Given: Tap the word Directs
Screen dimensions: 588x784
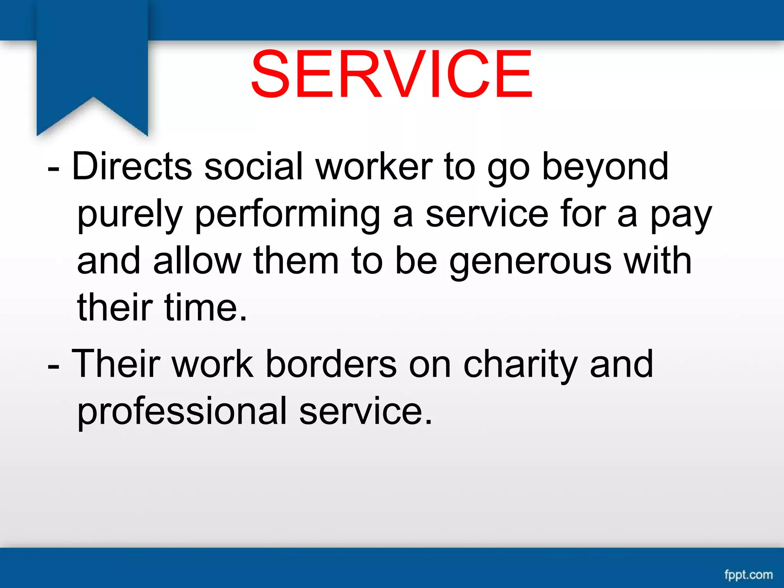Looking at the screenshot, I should point(132,167).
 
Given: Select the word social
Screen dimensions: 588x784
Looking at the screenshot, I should point(254,167).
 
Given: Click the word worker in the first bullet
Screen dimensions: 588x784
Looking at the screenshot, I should point(374,167).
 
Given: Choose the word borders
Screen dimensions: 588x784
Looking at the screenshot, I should point(331,364).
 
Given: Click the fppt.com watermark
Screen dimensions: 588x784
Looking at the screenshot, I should point(748,575).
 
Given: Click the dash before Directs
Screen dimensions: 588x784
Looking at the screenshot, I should point(53,168).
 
